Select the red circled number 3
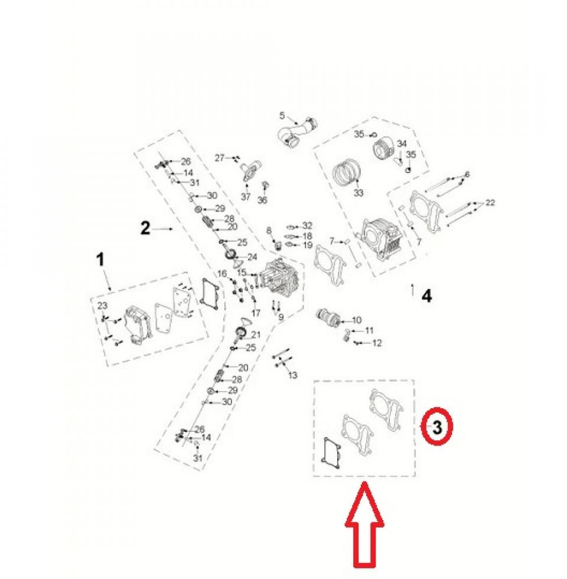coord(437,427)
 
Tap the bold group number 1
coord(100,259)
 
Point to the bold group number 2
coord(145,228)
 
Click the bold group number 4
coord(426,296)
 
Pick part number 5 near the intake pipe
coord(282,116)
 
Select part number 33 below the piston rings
coord(358,193)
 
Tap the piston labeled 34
coord(384,150)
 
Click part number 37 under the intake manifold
coord(246,197)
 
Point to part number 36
coord(262,200)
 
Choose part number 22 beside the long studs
coord(490,202)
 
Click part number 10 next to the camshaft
coord(357,320)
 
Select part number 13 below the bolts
coord(292,376)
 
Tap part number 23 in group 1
coord(102,305)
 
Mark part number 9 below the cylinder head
coord(281,317)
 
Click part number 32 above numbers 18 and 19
coord(307,225)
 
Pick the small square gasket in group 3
coord(332,451)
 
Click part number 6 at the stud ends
coord(467,174)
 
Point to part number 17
coord(256,313)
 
